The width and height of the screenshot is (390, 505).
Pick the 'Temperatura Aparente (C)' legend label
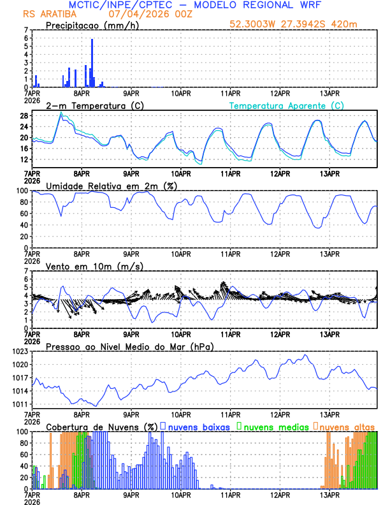pos(286,105)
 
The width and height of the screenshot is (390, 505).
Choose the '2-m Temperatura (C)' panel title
pos(89,105)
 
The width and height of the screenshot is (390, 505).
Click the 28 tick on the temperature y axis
pos(23,116)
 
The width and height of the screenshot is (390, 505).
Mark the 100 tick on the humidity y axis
pos(21,191)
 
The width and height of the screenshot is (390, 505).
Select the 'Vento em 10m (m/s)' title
pos(85,265)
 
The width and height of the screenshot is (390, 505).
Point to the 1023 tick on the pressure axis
pos(19,351)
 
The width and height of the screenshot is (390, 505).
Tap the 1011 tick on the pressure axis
pos(19,404)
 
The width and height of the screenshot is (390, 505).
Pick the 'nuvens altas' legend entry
pos(347,426)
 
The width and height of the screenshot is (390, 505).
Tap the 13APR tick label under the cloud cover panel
pos(329,494)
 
